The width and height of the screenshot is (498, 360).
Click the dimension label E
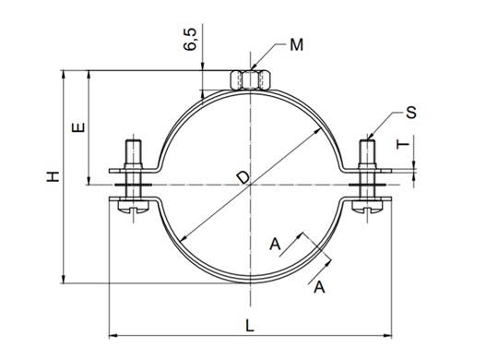78,127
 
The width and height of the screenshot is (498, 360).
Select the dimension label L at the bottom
251,324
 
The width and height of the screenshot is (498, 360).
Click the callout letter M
295,44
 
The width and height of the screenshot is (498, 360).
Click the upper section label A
274,244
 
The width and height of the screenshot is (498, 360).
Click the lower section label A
320,288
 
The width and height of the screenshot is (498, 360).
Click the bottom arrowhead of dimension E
89,182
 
